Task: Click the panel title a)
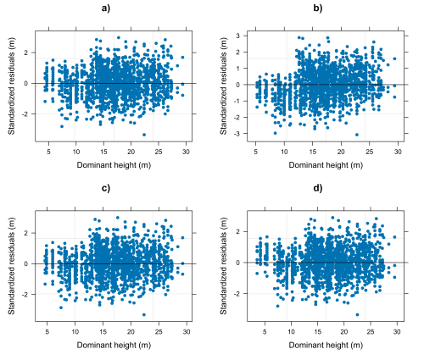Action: pos(106,8)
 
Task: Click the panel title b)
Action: pos(318,8)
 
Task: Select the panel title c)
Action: pos(106,188)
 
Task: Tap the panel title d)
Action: pos(318,188)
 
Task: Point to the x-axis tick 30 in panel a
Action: pos(186,152)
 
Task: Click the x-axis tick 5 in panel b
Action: pos(256,152)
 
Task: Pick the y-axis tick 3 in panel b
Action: pos(238,36)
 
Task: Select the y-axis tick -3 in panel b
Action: pos(237,134)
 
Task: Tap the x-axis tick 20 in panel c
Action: pos(131,331)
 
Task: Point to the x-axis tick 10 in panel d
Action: pos(291,331)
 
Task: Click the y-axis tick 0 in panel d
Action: pos(238,263)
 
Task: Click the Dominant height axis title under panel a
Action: pos(114,165)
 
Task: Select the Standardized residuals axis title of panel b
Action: pos(224,86)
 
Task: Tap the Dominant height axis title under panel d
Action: pos(326,345)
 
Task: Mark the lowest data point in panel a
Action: pos(144,135)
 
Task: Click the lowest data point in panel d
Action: pos(357,314)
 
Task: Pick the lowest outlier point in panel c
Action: pos(144,314)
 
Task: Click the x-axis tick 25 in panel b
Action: pos(370,152)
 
